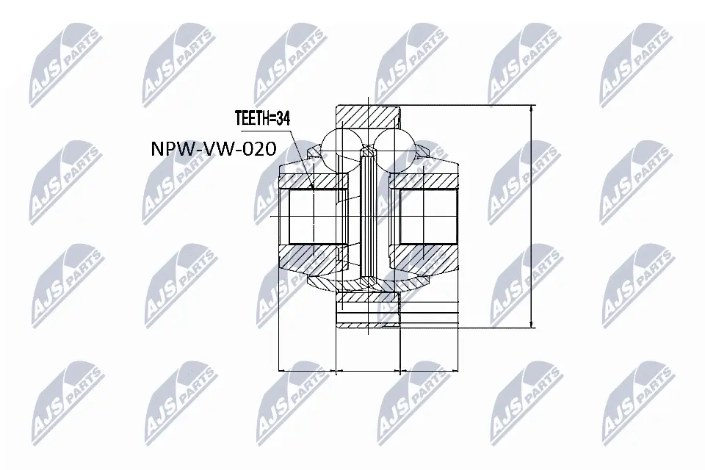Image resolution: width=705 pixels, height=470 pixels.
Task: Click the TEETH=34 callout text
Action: coord(263,118)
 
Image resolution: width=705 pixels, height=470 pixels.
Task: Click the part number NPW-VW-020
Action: coord(214,149)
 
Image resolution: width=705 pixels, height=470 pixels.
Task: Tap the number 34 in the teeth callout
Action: coord(283,118)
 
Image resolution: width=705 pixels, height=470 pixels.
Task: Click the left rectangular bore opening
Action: coord(314,217)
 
